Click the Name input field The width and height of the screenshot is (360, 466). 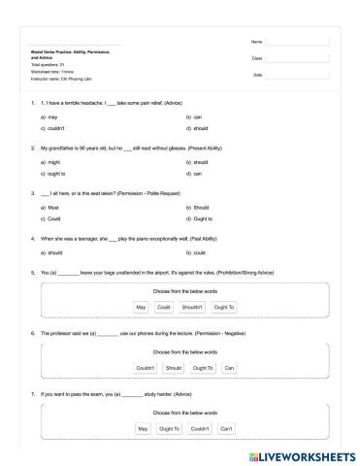[298, 42]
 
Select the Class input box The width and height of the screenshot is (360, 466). [298, 58]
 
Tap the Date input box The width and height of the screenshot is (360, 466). [298, 75]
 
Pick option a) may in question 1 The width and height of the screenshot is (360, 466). [46, 116]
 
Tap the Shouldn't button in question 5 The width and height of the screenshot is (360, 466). [192, 307]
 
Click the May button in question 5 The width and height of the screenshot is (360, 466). [141, 307]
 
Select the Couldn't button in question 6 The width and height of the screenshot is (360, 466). [146, 368]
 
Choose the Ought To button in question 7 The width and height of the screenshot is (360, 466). [170, 428]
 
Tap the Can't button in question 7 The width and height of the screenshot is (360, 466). [226, 428]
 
